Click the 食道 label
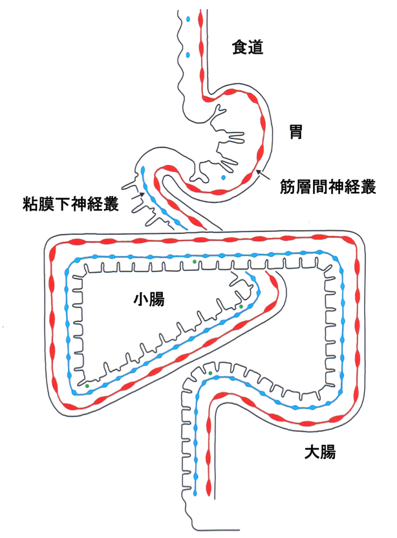[248, 47]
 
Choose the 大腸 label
[319, 452]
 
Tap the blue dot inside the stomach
[224, 177]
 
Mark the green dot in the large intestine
[210, 373]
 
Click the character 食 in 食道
[240, 47]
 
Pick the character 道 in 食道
[257, 47]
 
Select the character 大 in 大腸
[311, 452]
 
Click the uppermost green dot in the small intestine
[194, 261]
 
